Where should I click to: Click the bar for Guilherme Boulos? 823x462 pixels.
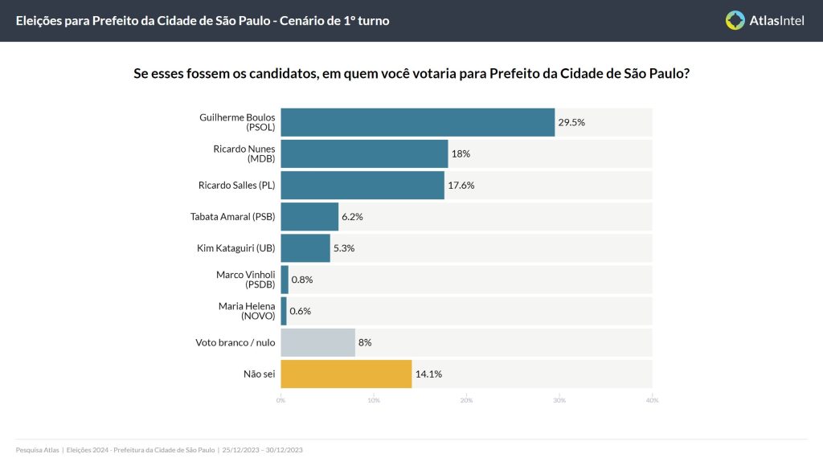(x=417, y=122)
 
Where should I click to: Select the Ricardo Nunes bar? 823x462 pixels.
(x=364, y=153)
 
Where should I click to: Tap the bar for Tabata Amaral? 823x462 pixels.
(x=309, y=216)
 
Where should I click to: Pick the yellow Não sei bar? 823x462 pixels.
(x=346, y=374)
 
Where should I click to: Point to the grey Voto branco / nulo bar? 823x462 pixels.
(x=317, y=342)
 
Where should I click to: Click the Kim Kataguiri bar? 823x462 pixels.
(x=305, y=248)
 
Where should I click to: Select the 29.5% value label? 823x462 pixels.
(x=571, y=122)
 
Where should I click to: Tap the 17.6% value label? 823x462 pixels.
(x=461, y=185)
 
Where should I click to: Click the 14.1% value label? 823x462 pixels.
(x=428, y=374)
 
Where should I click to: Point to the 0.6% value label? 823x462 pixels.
(x=301, y=311)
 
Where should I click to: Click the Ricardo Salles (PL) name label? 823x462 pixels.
(x=236, y=185)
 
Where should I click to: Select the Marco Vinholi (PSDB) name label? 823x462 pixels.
(x=245, y=280)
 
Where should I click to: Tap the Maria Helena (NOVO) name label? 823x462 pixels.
(x=247, y=311)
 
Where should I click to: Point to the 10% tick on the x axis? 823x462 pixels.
(x=374, y=400)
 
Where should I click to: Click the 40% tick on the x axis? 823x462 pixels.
(x=652, y=400)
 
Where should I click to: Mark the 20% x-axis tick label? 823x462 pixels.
(x=466, y=400)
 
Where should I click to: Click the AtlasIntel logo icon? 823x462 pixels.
(x=735, y=20)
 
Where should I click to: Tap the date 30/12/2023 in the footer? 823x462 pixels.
(x=284, y=450)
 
